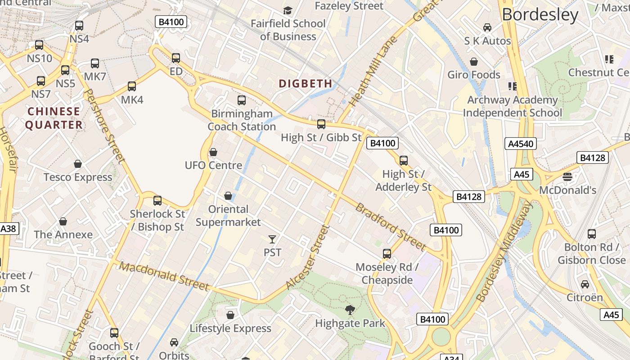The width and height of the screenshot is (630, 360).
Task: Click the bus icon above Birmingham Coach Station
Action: coord(242,100)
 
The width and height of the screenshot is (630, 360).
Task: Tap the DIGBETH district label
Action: coord(306,84)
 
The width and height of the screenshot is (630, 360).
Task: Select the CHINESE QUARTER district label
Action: coord(54,118)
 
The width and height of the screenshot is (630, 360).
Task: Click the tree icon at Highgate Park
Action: coord(350,310)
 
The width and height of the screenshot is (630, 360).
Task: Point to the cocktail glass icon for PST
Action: coord(272,239)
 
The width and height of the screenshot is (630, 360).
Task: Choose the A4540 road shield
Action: coord(521,144)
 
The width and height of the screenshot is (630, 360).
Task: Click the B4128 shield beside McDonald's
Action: coord(593,157)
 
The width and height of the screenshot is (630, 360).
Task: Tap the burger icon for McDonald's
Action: coord(567,177)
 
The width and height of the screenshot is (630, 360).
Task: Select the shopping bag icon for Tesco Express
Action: coord(78,164)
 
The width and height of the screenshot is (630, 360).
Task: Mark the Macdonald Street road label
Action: coord(164,276)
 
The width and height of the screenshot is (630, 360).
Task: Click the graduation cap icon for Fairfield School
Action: coord(288,10)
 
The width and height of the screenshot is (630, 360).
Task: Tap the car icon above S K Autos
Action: coord(487,27)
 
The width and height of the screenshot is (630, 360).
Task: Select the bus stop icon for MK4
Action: coord(132,86)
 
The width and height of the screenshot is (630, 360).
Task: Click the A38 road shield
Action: coord(8,229)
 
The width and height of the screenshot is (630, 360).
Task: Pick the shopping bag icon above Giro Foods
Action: coord(473,62)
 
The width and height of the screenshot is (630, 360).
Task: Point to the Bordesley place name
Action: coord(540,15)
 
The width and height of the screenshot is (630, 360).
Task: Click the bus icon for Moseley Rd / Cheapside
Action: coord(387,254)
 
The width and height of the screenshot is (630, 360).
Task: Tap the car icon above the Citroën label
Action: coord(585,284)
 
